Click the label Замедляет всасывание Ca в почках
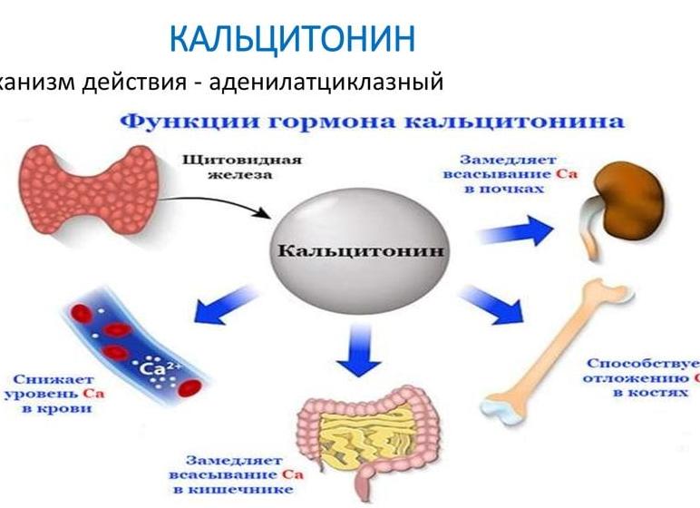[495, 173]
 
